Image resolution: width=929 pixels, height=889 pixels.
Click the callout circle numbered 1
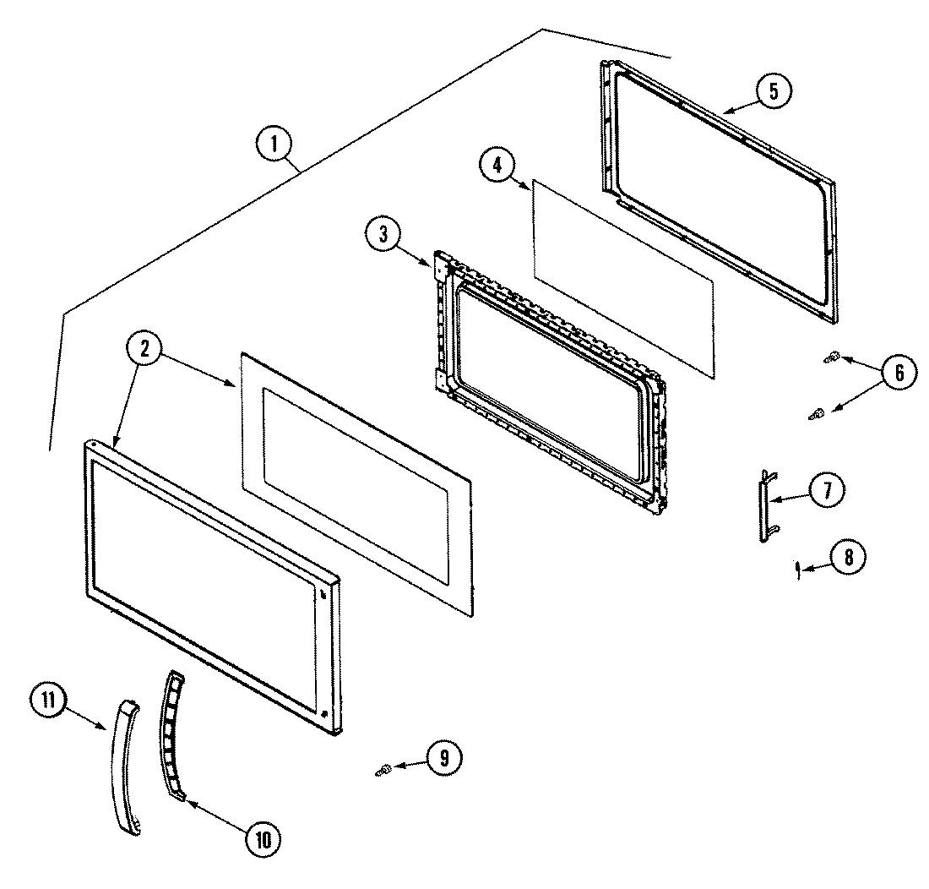click(x=273, y=145)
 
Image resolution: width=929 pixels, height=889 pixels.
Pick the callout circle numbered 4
click(x=497, y=166)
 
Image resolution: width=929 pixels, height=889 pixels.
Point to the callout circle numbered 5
click(x=774, y=90)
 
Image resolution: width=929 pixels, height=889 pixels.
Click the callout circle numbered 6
click(x=897, y=373)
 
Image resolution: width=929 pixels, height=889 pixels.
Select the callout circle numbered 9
click(x=443, y=758)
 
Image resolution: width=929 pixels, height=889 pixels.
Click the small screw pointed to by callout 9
click(x=383, y=769)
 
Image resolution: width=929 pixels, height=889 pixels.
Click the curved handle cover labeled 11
click(x=122, y=766)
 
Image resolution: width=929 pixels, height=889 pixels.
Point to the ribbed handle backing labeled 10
click(x=170, y=734)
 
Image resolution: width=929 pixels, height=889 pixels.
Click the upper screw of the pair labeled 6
click(x=831, y=358)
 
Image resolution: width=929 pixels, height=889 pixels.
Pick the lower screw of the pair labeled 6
click(x=818, y=413)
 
